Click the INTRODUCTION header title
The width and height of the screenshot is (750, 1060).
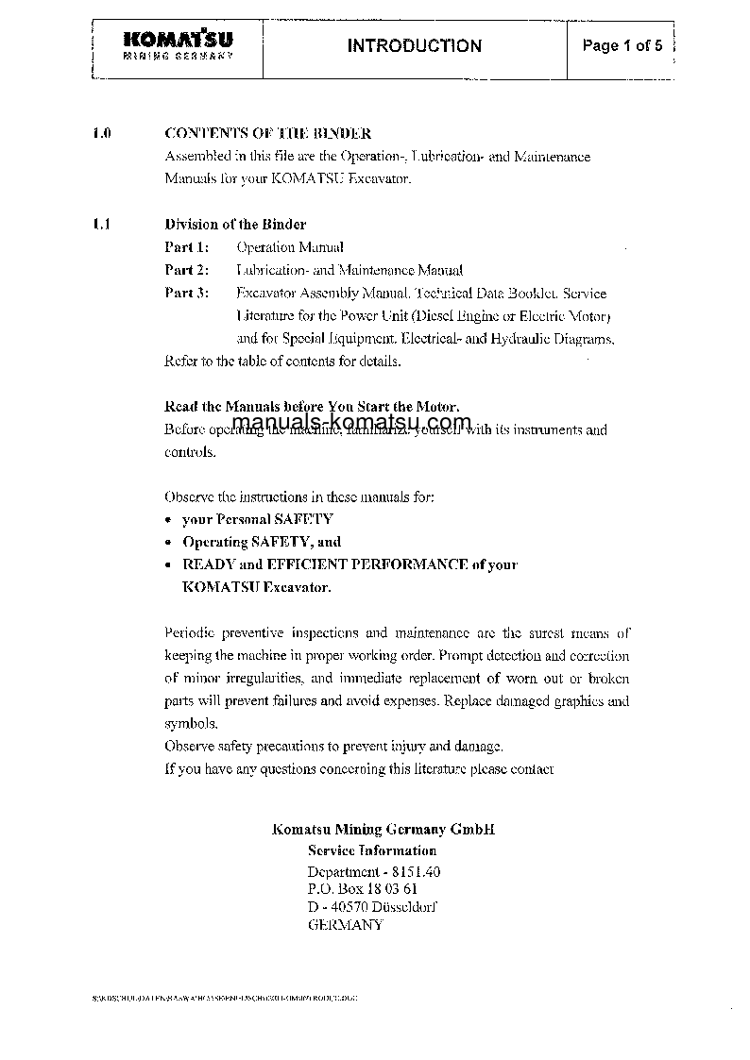(414, 45)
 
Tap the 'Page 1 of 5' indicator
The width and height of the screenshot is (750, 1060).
(622, 45)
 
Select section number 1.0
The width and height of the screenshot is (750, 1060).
(103, 133)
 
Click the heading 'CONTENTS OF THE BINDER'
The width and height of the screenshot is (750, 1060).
(267, 133)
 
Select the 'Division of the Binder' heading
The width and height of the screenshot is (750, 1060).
(235, 225)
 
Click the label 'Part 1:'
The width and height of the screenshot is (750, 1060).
(186, 247)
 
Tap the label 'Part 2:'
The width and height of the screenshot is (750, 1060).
(186, 270)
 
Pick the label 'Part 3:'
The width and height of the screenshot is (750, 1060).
(186, 293)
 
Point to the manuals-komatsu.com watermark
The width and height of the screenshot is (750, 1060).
(350, 422)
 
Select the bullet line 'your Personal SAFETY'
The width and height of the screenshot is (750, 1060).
(257, 519)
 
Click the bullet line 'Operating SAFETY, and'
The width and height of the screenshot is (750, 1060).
(261, 542)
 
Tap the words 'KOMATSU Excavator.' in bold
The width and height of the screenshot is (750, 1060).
(256, 587)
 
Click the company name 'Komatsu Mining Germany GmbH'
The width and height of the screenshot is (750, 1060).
(383, 829)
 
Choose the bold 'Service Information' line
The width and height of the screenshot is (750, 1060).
(372, 850)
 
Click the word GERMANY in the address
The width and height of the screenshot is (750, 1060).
(346, 925)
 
